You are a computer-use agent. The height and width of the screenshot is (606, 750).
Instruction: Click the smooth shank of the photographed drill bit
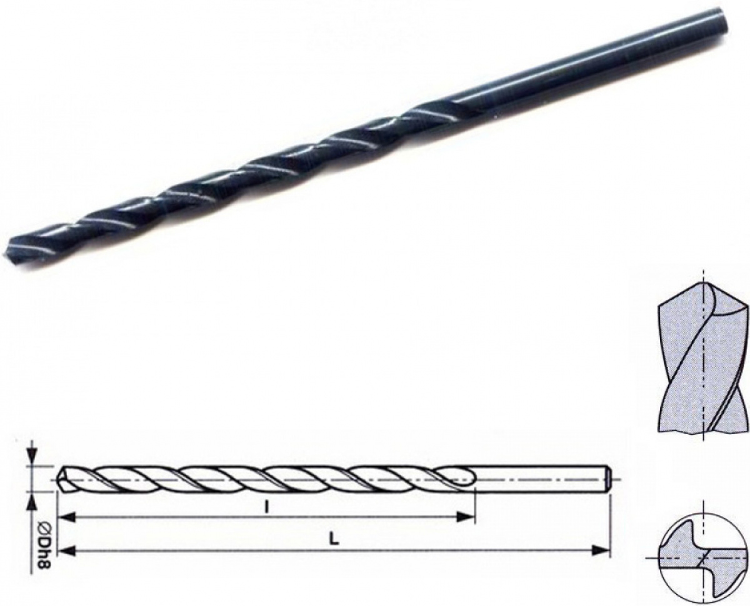[x=600, y=68]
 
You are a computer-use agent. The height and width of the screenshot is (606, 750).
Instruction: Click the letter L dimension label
[x=336, y=541]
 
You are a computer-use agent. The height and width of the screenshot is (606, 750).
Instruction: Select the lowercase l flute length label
[x=266, y=508]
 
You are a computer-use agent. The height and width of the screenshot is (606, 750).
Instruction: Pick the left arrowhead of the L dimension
[x=66, y=550]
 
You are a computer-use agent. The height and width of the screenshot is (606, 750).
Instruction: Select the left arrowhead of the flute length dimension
[x=66, y=517]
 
